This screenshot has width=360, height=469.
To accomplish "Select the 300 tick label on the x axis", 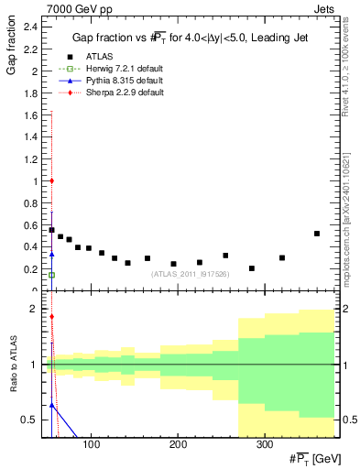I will pos(264,444).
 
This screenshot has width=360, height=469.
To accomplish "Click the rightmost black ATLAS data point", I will pos(317,234).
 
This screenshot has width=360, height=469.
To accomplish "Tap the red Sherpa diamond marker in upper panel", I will pos(51,180).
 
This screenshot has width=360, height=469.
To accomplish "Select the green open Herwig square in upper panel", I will pos(51,275).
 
